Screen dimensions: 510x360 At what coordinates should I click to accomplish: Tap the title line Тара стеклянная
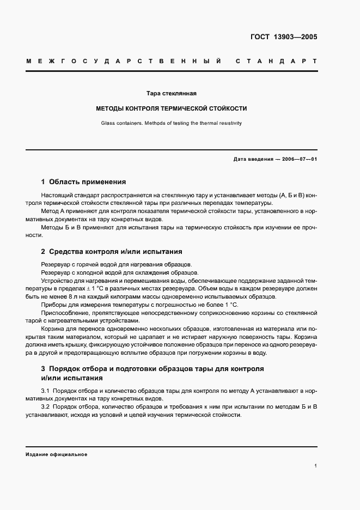point(172,94)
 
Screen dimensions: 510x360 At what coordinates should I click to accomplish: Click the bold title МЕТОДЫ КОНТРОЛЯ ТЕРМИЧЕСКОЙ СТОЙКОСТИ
point(172,108)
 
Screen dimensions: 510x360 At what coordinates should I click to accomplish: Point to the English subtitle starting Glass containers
point(172,123)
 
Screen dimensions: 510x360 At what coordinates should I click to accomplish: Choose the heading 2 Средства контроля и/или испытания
point(112,252)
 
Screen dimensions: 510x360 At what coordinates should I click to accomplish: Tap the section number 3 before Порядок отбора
point(44,369)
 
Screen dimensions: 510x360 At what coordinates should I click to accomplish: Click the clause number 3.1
point(45,391)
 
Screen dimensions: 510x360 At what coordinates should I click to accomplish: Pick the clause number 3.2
point(45,407)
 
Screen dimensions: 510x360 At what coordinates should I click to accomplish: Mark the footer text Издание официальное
point(56,454)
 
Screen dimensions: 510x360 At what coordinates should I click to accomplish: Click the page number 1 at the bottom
point(315,466)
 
